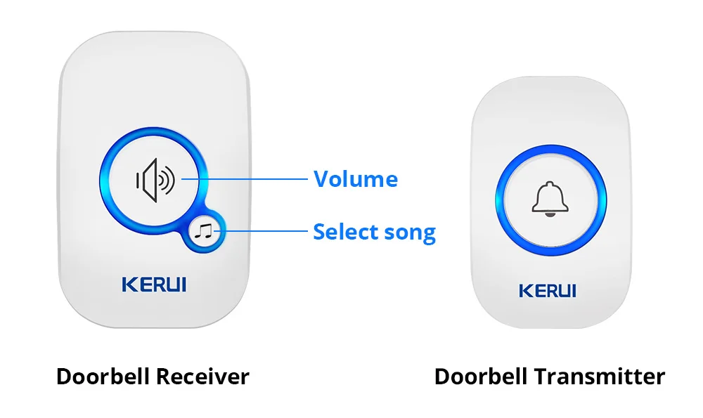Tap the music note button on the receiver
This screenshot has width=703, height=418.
tap(205, 230)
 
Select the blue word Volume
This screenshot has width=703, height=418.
tap(356, 179)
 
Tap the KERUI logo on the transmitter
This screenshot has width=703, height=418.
tap(547, 290)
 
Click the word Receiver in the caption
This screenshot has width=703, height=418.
tap(202, 377)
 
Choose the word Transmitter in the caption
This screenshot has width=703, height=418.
tap(598, 377)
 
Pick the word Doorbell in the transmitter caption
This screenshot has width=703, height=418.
tap(481, 377)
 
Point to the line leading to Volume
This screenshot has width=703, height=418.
tap(246, 179)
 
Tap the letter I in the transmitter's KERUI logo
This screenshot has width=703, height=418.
tap(573, 290)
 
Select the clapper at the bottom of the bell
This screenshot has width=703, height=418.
tap(550, 214)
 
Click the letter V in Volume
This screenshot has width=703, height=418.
tap(321, 179)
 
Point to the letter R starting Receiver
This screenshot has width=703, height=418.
tap(161, 377)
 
